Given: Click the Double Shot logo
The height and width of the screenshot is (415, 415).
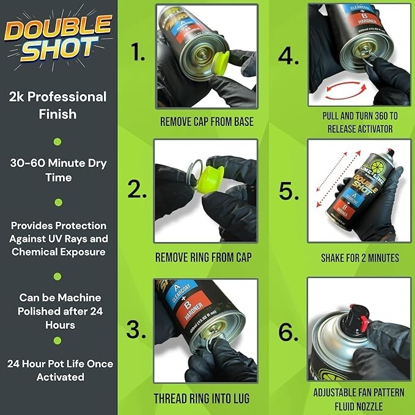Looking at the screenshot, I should [x=59, y=39].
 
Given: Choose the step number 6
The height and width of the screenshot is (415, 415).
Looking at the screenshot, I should [x=288, y=332].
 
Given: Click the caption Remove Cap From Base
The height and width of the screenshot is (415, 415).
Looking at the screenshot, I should [x=207, y=121].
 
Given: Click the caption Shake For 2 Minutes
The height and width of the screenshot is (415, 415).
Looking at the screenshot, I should [x=359, y=257].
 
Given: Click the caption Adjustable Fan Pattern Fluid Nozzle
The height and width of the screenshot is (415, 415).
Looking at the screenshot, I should [x=359, y=398].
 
